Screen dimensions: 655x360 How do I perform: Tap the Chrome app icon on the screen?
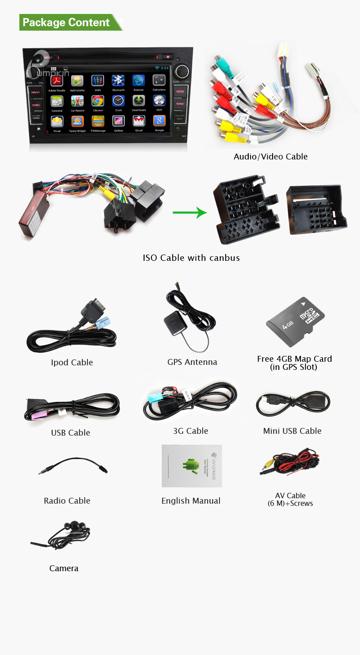98,101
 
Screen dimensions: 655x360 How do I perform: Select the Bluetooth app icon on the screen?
118,81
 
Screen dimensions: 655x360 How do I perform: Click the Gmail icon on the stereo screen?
139,121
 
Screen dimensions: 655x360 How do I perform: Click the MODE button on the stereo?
180,91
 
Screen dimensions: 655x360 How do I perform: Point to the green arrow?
190,213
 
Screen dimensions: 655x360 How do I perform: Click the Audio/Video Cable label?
270,157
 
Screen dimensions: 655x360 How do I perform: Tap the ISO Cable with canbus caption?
191,258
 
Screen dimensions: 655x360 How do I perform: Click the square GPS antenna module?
173,323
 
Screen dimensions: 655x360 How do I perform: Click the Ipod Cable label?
72,363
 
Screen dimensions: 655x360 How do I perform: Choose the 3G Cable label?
191,431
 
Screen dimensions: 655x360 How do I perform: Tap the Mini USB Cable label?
292,431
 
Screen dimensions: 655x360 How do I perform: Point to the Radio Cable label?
67,501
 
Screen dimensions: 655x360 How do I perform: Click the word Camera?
64,569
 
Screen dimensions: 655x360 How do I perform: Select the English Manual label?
191,501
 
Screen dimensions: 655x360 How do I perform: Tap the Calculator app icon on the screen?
159,81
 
